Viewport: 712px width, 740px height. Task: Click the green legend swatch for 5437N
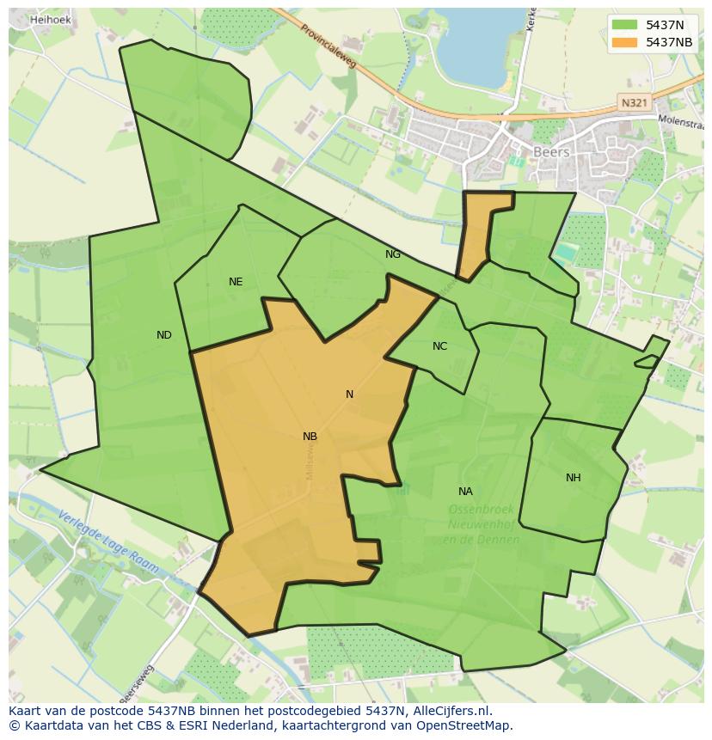[x=624, y=25]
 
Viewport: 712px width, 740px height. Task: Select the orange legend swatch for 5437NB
[x=624, y=42]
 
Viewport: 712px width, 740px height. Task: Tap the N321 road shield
[x=634, y=102]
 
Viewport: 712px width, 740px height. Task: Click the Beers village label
[x=551, y=152]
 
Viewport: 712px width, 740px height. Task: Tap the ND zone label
[x=164, y=335]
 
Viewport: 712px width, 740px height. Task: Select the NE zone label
[x=236, y=282]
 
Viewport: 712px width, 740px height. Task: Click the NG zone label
[x=393, y=254]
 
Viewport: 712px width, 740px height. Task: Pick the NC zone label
[x=439, y=346]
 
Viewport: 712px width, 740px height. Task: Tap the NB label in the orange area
[x=310, y=437]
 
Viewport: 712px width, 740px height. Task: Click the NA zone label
[x=465, y=492]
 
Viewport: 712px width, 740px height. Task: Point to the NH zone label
[x=573, y=478]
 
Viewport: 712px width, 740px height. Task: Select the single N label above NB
[x=349, y=394]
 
